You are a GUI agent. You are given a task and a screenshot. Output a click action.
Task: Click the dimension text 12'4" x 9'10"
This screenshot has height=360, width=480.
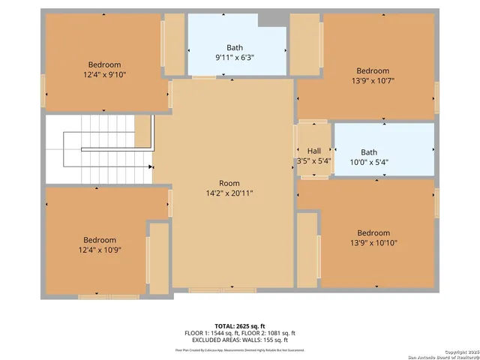pos(104,75)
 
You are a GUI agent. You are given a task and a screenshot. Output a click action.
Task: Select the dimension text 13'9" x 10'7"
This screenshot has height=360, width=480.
pos(373,81)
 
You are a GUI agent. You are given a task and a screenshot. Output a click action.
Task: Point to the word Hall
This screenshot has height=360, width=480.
pos(313,150)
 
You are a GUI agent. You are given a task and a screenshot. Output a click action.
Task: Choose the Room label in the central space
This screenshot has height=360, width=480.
pos(229,183)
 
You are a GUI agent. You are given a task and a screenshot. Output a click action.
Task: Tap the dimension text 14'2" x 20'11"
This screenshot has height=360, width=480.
pos(229,193)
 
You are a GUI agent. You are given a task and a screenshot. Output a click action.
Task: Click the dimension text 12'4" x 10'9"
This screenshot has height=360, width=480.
pos(100,250)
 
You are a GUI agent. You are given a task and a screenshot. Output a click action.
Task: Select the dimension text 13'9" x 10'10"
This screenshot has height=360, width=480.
pos(373,242)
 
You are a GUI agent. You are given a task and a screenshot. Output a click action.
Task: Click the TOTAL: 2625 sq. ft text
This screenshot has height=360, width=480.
pos(240,326)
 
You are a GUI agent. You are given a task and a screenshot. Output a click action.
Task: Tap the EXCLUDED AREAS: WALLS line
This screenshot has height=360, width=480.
pos(240,339)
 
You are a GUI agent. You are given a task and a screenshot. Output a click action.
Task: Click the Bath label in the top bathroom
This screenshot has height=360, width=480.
pos(234,48)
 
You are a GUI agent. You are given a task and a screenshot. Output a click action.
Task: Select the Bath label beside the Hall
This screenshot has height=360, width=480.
pos(368,151)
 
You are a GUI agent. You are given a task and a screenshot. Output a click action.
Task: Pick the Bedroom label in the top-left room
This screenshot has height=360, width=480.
pos(104,65)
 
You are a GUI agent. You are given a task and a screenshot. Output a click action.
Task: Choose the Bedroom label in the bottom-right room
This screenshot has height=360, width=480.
pos(373,232)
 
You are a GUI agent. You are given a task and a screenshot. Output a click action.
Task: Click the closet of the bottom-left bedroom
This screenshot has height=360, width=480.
pos(158,257)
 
